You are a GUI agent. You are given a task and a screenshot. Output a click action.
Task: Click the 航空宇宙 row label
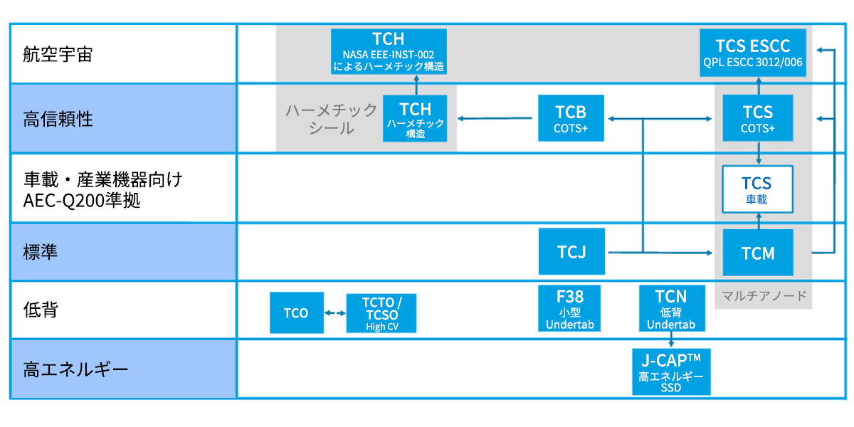tap(58, 55)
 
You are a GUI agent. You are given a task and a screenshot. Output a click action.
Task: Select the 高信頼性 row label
tap(58, 118)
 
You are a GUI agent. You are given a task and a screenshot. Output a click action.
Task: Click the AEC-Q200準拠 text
tap(82, 201)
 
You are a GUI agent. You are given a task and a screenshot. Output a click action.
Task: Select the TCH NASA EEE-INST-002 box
tap(389, 52)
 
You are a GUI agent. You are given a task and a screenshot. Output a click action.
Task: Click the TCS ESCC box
tap(752, 52)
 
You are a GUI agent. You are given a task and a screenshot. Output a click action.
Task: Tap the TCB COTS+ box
tap(571, 118)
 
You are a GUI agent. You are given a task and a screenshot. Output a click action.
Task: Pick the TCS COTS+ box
tap(757, 118)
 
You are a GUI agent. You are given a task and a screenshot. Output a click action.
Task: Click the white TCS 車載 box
tap(757, 189)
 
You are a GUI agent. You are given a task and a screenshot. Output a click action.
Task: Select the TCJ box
tap(571, 251)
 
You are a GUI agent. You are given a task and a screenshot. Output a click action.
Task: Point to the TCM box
tap(757, 253)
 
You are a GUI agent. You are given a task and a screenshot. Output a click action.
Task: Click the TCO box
tap(296, 312)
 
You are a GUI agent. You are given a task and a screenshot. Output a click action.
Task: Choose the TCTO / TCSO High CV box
tap(381, 312)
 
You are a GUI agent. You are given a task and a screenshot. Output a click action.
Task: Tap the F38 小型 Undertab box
tap(571, 308)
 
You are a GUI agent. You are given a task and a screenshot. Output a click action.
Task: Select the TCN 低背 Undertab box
tap(671, 308)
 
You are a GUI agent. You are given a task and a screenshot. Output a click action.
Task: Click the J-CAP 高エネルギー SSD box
tap(671, 371)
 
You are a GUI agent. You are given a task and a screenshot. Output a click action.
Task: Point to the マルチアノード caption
tap(764, 295)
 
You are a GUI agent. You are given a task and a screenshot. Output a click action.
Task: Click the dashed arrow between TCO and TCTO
tap(334, 312)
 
